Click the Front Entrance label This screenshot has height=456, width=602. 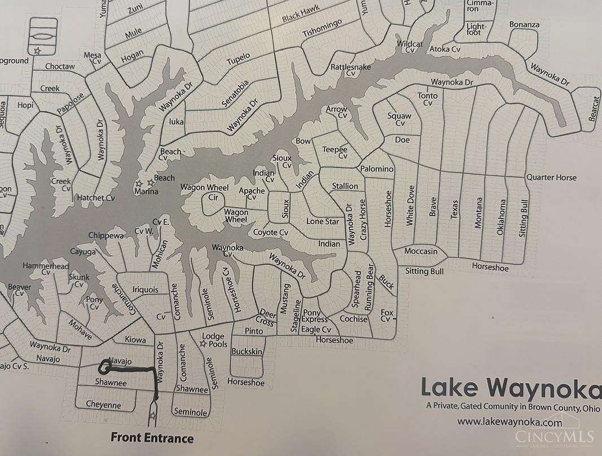(152, 437)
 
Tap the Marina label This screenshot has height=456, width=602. (146, 192)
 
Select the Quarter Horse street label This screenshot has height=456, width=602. (551, 177)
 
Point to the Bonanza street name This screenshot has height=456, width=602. (524, 25)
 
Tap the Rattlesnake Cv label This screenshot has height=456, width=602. (350, 70)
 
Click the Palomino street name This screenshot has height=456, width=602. (376, 169)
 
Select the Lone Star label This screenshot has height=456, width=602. (322, 221)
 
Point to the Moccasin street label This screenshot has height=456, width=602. (421, 251)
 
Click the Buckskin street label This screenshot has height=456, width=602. (247, 352)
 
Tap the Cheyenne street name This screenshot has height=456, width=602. (103, 404)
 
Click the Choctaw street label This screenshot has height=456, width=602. (60, 67)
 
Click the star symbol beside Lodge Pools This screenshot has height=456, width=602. (202, 343)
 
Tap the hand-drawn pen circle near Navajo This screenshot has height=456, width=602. (104, 367)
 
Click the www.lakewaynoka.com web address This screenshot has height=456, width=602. (510, 421)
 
